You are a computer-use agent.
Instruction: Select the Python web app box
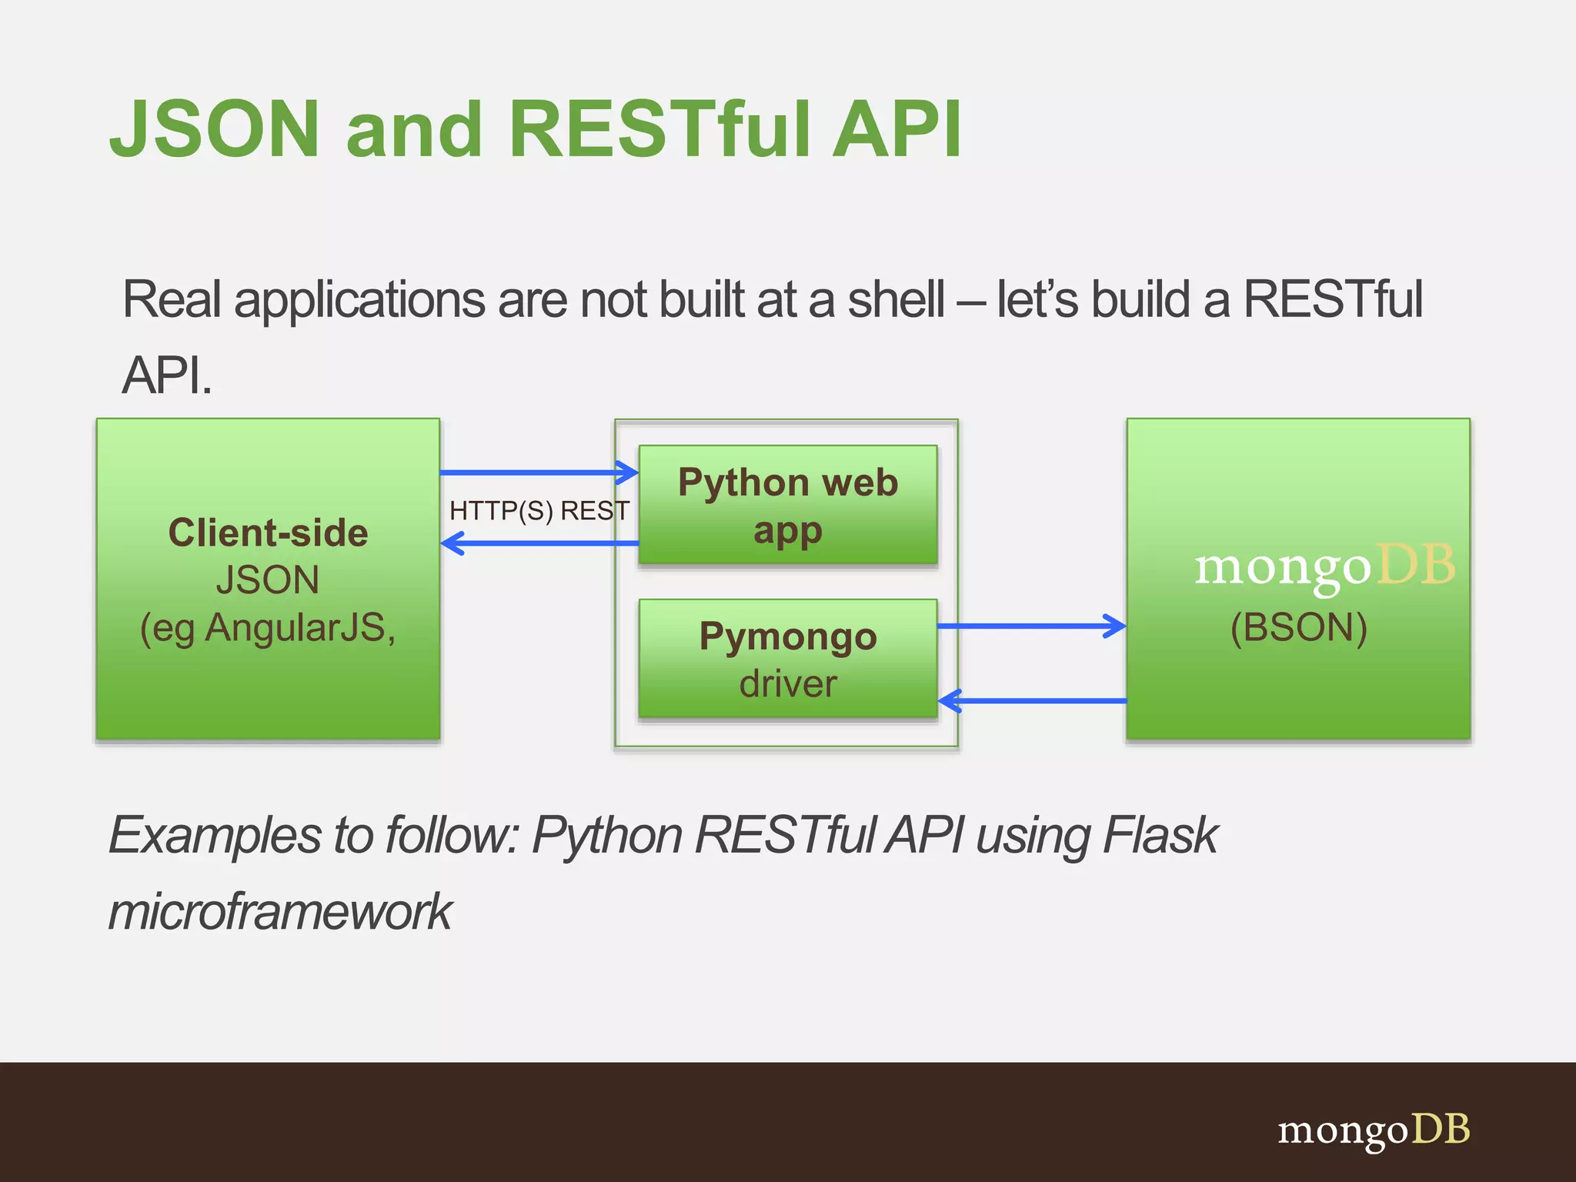787,505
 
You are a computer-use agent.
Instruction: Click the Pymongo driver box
787,659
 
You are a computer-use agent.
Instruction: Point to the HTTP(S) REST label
539,510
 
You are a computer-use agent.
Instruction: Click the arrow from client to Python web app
539,472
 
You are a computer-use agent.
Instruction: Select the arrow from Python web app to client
539,544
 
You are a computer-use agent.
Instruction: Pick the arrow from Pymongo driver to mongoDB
1031,626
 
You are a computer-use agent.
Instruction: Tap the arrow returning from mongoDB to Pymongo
1031,701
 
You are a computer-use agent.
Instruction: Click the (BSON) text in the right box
1298,628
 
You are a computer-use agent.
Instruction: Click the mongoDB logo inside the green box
1324,568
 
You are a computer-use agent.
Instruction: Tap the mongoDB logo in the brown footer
1374,1130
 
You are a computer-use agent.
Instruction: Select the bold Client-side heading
268,533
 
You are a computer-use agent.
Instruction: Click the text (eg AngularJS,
268,629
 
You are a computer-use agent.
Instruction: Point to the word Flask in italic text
1160,836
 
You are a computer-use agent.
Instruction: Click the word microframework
280,912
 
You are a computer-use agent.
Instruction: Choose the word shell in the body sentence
896,300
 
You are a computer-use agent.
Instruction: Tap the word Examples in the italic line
214,836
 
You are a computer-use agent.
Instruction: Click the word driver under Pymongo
787,684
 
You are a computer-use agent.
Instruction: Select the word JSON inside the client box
267,580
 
